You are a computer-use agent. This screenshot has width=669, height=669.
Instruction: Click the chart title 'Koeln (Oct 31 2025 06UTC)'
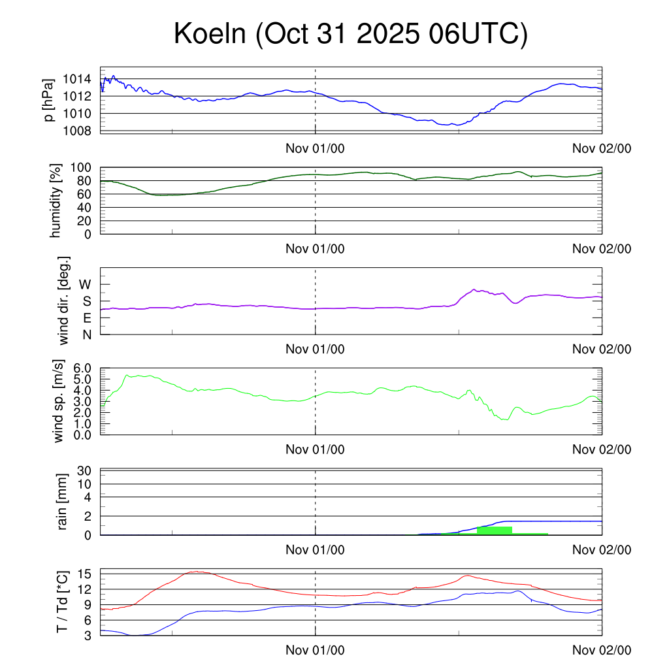pyautogui.click(x=350, y=35)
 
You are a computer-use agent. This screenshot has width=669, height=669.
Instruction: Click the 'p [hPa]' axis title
pyautogui.click(x=49, y=100)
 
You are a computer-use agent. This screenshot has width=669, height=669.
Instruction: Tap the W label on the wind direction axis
pyautogui.click(x=86, y=285)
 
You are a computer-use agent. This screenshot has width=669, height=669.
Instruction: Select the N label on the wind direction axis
pyautogui.click(x=86, y=334)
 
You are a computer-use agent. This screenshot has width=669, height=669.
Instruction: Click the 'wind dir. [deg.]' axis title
pyautogui.click(x=63, y=301)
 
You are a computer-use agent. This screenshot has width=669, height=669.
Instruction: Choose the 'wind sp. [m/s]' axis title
pyautogui.click(x=59, y=402)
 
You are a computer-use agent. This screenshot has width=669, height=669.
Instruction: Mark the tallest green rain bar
pyautogui.click(x=494, y=530)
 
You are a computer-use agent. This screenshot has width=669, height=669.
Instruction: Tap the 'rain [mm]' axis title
pyautogui.click(x=62, y=502)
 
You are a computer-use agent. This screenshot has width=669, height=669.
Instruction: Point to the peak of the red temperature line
pyautogui.click(x=196, y=572)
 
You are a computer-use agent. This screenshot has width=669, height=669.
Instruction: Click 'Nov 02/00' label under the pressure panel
pyautogui.click(x=602, y=148)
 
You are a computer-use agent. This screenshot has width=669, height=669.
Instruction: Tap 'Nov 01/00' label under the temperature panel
pyautogui.click(x=315, y=650)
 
